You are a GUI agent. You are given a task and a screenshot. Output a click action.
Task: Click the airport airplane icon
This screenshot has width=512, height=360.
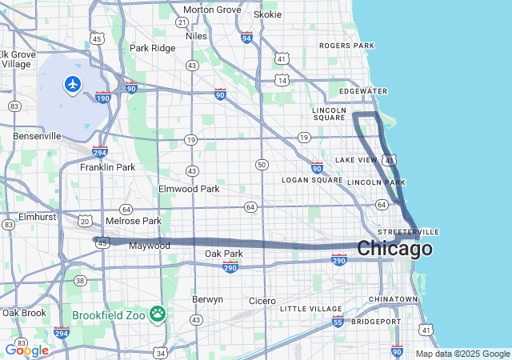coord(73,83)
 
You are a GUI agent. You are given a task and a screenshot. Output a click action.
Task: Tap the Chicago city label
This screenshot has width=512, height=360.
coord(394,249)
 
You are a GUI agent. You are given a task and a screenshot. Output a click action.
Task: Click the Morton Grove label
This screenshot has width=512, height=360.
coord(212,10)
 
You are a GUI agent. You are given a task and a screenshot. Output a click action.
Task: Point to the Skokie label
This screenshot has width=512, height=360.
coord(267,14)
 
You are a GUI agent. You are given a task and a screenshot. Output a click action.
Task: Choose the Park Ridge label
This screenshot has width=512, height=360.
coord(152,48)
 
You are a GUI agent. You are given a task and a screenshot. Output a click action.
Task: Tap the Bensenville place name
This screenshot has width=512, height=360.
coord(37,136)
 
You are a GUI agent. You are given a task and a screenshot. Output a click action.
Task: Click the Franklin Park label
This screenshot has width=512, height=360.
coord(107,167)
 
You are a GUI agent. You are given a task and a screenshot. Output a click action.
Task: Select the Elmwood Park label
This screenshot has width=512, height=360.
coord(189,190)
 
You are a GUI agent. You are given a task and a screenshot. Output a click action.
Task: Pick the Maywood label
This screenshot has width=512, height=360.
coord(150,246)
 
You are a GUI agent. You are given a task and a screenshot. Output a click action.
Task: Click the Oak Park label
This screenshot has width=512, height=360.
coord(223,254)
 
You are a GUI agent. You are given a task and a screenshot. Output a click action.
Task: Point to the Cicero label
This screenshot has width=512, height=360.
coord(262,301)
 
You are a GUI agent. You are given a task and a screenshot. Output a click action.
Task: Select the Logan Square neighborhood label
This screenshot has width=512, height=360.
coord(312,180)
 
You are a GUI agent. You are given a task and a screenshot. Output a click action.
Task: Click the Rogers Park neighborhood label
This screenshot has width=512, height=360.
coord(346,46)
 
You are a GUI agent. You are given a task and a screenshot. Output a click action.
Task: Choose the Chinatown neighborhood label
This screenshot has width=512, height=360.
coord(393,299)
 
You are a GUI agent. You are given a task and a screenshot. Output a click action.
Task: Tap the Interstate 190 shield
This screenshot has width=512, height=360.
coord(103,98)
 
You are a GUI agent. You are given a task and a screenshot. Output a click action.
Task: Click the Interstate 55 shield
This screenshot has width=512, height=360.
coord(338,322)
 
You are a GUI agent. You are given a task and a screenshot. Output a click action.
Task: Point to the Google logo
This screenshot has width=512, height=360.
coord(26,350)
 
